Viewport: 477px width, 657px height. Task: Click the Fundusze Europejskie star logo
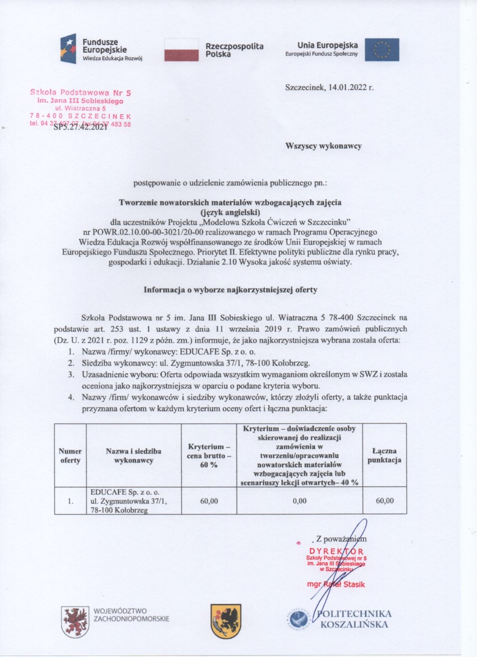click(x=69, y=48)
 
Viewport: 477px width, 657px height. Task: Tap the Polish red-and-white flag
click(x=181, y=49)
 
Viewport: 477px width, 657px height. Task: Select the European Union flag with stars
click(x=382, y=49)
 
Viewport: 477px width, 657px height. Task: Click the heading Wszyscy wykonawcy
click(x=324, y=145)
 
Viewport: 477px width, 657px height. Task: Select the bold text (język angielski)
click(x=231, y=212)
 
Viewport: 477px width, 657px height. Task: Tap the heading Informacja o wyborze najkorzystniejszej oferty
click(x=231, y=290)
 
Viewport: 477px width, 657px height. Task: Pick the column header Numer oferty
click(x=70, y=455)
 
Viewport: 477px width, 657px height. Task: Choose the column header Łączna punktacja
click(x=384, y=455)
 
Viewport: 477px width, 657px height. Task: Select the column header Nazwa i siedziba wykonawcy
click(x=134, y=455)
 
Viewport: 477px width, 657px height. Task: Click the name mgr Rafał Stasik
click(x=336, y=584)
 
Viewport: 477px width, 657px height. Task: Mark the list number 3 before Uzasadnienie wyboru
click(x=71, y=373)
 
